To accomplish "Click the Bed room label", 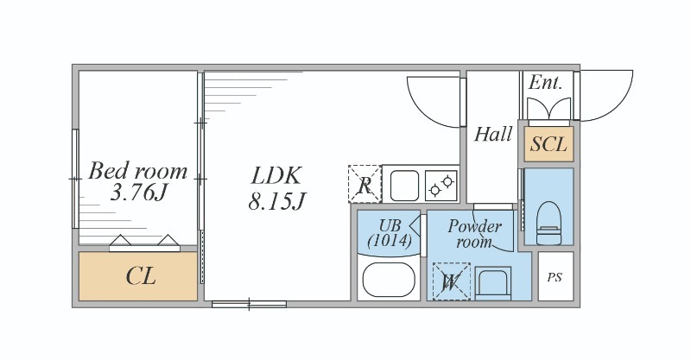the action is click(138, 171).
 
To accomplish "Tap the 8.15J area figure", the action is click(276, 202).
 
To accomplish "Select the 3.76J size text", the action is click(139, 193).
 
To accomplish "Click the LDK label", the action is click(276, 175).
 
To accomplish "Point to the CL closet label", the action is click(141, 277).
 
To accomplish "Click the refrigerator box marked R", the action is click(365, 184).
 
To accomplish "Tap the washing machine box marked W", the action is click(451, 281).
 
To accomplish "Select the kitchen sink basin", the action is click(404, 186).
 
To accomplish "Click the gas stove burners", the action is click(441, 186).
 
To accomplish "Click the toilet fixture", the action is click(549, 223).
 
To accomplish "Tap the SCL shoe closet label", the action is click(548, 144).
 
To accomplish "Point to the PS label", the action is click(555, 277).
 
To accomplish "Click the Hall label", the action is click(492, 134).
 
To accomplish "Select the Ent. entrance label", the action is click(545, 82).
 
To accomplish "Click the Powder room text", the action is click(474, 234).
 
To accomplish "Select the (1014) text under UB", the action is click(390, 241).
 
